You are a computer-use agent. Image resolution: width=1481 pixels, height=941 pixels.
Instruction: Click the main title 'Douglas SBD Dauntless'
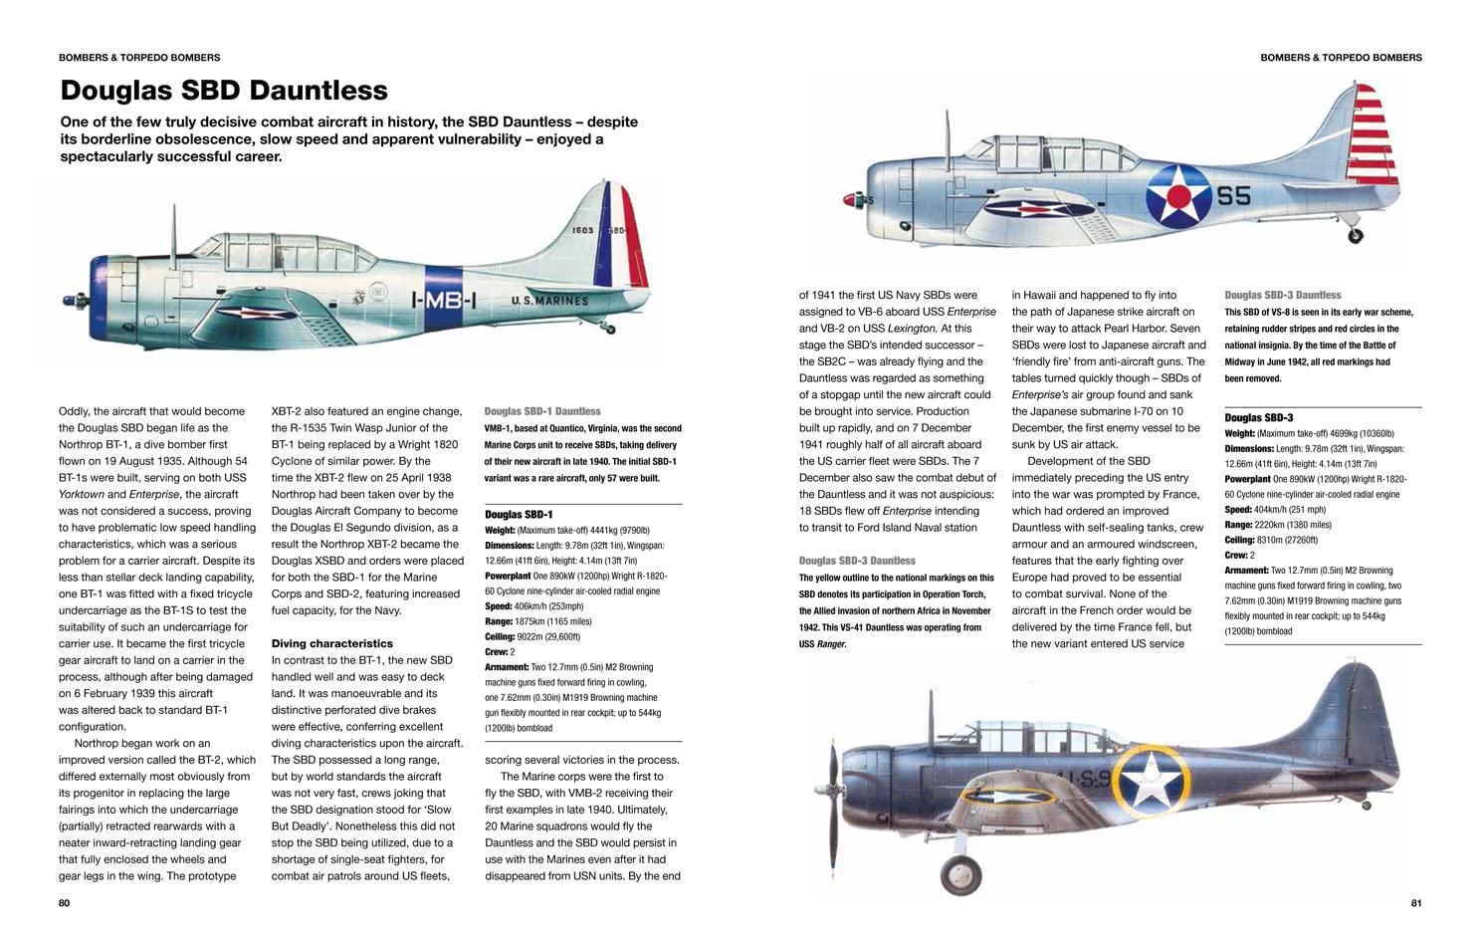(224, 91)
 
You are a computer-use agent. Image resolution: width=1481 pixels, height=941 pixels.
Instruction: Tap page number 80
(65, 903)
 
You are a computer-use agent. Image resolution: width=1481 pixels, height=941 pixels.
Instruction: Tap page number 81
(1416, 903)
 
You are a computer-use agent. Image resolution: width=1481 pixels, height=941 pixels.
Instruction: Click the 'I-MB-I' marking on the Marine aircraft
(444, 299)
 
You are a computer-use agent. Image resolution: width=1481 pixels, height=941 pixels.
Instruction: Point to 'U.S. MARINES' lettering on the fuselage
(549, 300)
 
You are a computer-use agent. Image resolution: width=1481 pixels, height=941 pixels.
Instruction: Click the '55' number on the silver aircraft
(1233, 196)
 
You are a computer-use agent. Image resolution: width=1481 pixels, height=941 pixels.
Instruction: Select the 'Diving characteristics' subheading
(331, 643)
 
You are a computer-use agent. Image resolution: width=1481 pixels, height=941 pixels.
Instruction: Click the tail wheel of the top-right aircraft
(1355, 236)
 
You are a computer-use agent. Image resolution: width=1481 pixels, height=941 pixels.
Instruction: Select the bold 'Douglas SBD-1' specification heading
(519, 515)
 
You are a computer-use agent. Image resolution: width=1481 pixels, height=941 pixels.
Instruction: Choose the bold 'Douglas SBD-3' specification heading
(1258, 418)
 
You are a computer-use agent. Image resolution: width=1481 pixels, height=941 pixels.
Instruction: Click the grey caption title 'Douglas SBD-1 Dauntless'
(542, 411)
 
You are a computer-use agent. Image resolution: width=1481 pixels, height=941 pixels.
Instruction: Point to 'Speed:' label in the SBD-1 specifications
(499, 606)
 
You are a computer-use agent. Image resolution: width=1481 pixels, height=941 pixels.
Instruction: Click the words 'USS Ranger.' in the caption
(823, 644)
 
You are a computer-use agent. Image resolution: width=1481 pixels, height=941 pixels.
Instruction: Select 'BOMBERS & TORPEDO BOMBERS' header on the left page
(139, 58)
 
